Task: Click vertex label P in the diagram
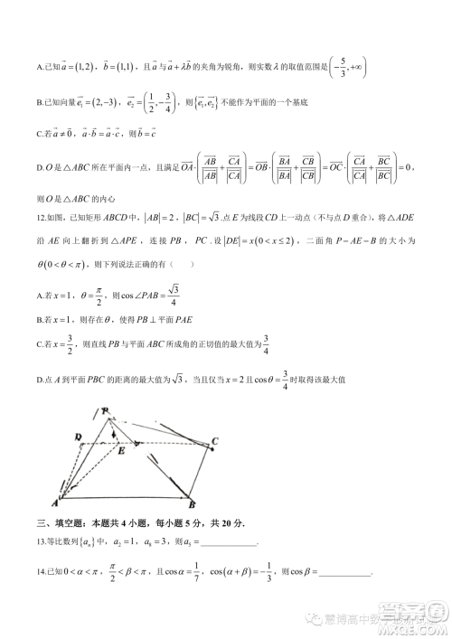coord(107,412)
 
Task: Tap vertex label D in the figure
coord(80,437)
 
